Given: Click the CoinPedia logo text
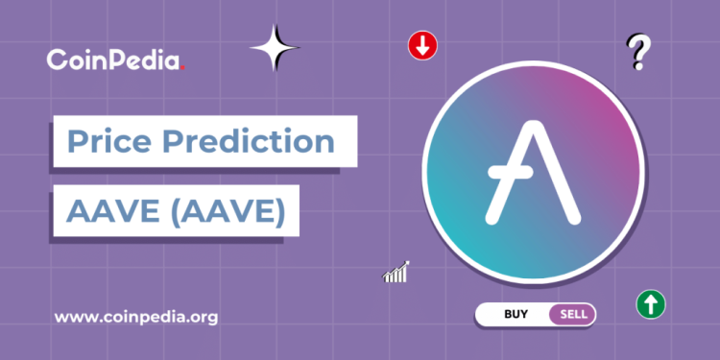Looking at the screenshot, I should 113,60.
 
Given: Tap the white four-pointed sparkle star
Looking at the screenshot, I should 276,47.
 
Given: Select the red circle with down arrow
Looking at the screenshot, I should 422,46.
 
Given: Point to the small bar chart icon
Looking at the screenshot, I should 396,273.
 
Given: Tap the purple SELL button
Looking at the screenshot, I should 573,313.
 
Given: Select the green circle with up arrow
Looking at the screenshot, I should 651,305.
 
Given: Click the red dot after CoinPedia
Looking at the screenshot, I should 182,68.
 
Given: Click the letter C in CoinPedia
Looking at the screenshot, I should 58,60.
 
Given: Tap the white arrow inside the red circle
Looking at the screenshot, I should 422,46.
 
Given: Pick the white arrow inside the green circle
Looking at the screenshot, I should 651,305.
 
